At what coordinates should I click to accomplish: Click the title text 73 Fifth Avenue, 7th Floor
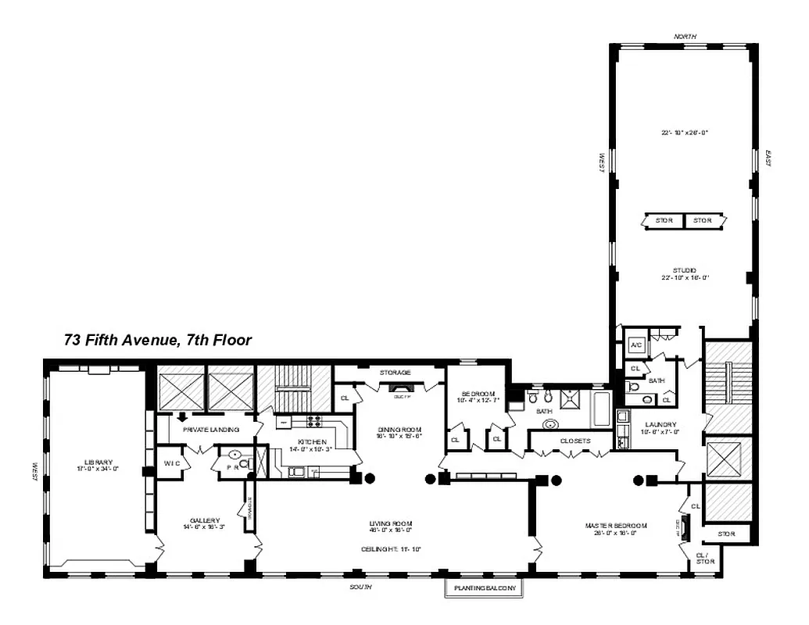[x=157, y=341]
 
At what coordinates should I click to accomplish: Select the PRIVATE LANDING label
[x=210, y=430]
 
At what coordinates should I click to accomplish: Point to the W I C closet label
[x=171, y=463]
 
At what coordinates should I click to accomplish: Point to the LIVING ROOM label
[x=391, y=523]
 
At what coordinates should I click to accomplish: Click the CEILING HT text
[x=391, y=549]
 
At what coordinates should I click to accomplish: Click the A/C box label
[x=635, y=345]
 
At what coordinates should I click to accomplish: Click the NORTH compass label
[x=685, y=36]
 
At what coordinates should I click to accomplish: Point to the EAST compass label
[x=769, y=159]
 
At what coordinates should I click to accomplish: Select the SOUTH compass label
[x=361, y=587]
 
